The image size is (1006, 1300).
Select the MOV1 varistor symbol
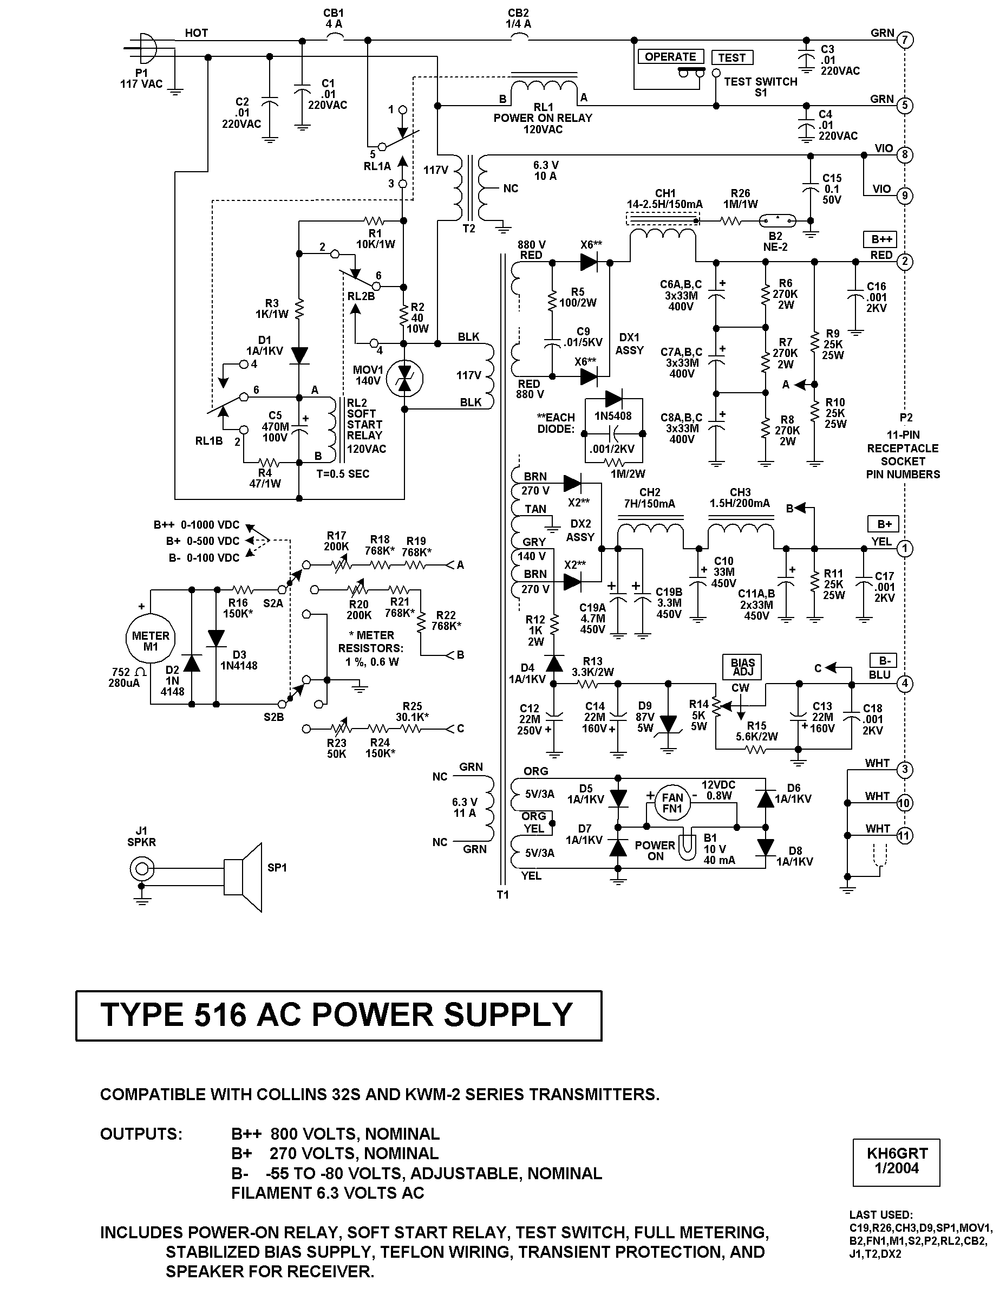(404, 379)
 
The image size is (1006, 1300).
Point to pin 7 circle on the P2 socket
(904, 41)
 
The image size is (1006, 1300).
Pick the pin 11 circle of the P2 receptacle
(904, 836)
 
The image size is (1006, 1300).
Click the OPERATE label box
(670, 56)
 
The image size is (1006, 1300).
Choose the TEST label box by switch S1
(731, 57)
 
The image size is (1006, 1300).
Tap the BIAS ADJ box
(743, 667)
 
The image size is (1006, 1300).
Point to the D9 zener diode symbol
(669, 724)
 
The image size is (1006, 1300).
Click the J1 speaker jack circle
(142, 869)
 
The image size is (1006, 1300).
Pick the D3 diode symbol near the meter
(216, 638)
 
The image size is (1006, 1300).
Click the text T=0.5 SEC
(343, 474)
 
